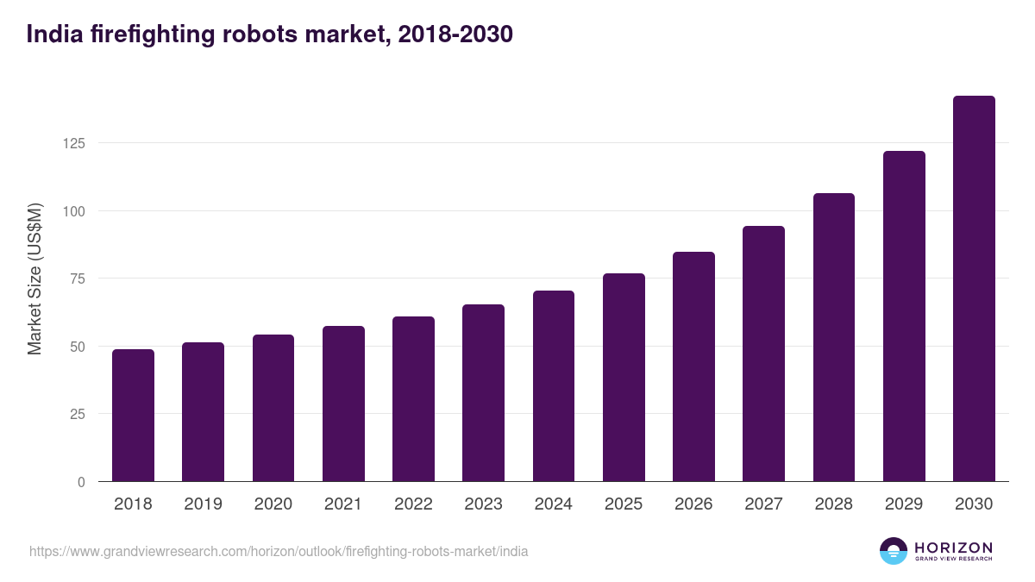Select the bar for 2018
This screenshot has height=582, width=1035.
(133, 416)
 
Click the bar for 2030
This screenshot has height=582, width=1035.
(974, 289)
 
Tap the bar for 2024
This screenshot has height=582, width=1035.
(554, 386)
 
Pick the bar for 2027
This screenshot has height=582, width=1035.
(763, 354)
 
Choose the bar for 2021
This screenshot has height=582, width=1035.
(343, 404)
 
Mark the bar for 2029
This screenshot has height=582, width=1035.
(904, 316)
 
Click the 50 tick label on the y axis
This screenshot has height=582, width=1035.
(78, 347)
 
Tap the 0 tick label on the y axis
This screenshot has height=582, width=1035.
(81, 482)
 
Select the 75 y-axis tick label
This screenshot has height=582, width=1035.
(78, 278)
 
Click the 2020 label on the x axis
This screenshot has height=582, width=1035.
(273, 504)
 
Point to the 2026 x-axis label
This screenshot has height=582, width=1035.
(693, 504)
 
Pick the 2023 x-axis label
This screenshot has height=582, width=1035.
(483, 504)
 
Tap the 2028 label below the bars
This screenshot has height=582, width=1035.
(833, 504)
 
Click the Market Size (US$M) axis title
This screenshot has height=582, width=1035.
(34, 278)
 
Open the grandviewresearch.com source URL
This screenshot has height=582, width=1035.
(279, 551)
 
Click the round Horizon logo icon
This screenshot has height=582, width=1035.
(894, 551)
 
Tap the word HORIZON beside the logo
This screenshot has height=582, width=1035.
(953, 547)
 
